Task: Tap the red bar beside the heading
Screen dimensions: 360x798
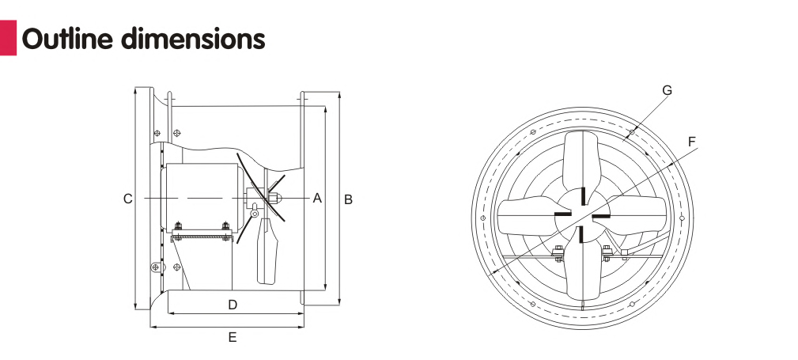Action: coord(8,37)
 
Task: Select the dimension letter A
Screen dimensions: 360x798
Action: coord(317,198)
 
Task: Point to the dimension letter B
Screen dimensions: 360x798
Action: coord(348,199)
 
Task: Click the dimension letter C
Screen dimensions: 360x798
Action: coord(127,199)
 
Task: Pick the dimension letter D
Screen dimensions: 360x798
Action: coord(233,305)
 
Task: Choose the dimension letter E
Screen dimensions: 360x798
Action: coord(233,337)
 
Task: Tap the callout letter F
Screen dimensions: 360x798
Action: coord(692,142)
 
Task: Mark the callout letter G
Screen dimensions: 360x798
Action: coord(667,90)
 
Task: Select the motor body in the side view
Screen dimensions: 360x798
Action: coord(202,194)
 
